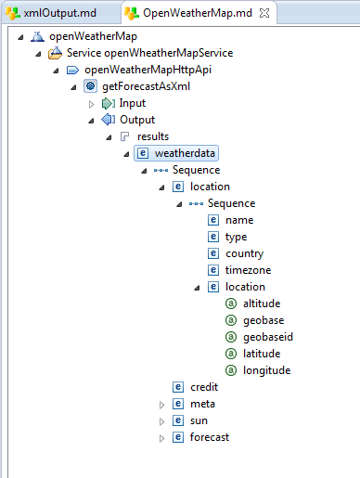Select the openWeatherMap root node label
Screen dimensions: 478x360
86,36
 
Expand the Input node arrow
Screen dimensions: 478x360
91,103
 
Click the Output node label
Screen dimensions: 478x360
136,120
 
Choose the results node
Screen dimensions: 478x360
153,136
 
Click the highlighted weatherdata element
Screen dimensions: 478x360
184,153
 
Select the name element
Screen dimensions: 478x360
239,220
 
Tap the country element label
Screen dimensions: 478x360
244,253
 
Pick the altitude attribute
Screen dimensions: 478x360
261,304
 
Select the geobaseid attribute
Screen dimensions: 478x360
267,337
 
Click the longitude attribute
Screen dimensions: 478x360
266,370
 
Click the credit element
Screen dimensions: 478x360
204,387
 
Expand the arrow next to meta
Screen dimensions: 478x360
161,405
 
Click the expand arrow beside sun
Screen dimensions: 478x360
161,421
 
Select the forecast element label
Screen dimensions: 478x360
209,437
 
